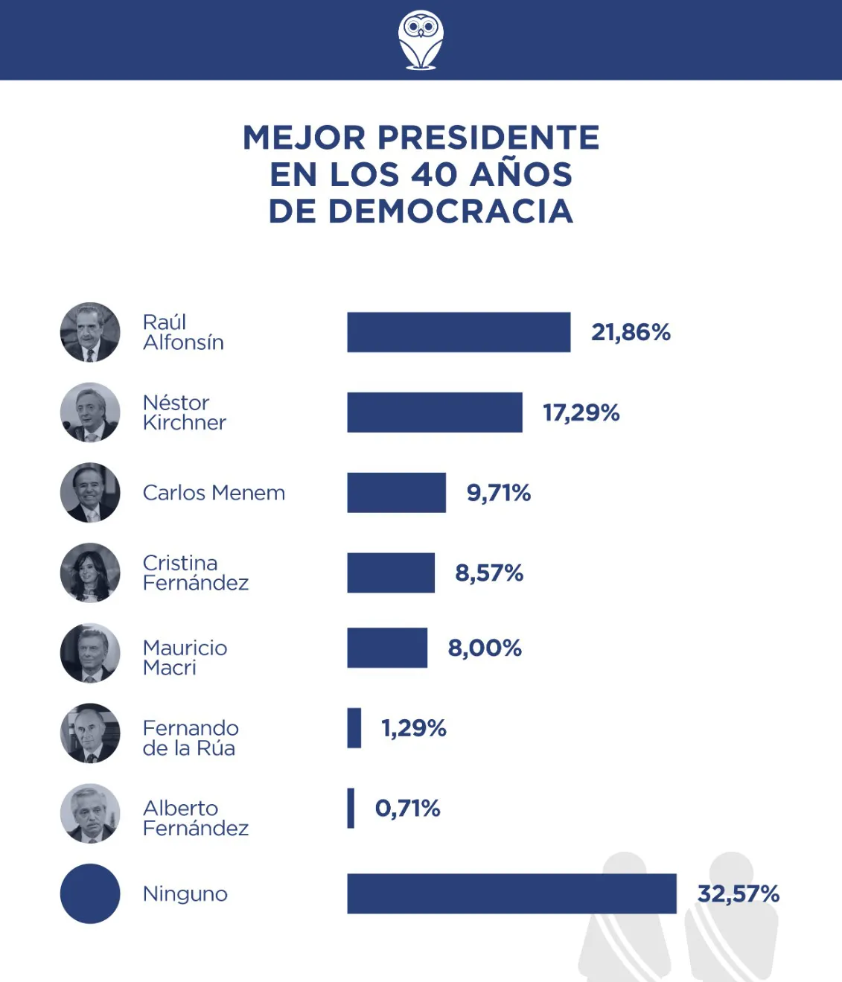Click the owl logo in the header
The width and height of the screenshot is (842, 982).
(x=421, y=40)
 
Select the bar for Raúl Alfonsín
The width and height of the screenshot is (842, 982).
(x=459, y=332)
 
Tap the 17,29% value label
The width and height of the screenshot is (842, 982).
(x=581, y=412)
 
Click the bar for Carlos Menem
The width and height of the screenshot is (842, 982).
(x=396, y=493)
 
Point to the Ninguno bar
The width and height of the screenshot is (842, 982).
(x=511, y=893)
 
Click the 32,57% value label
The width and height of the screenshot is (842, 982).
(x=738, y=893)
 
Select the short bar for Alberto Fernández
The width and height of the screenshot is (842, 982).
(x=351, y=808)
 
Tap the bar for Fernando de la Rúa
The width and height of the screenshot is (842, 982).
(x=354, y=727)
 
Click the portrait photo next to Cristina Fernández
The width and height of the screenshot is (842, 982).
(x=90, y=573)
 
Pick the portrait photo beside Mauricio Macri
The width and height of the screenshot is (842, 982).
(x=90, y=653)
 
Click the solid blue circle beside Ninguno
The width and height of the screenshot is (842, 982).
(x=90, y=893)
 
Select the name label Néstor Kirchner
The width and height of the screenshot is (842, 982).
(x=184, y=412)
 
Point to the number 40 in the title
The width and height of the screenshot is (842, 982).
(x=434, y=174)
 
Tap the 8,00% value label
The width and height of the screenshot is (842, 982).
(x=484, y=648)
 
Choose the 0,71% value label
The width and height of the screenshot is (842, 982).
(x=407, y=808)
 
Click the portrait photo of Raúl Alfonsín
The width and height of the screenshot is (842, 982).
(x=90, y=332)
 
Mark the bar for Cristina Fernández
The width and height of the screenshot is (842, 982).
(x=391, y=573)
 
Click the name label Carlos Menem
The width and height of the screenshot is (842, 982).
(x=214, y=493)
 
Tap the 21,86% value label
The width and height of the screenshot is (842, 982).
(x=631, y=332)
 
